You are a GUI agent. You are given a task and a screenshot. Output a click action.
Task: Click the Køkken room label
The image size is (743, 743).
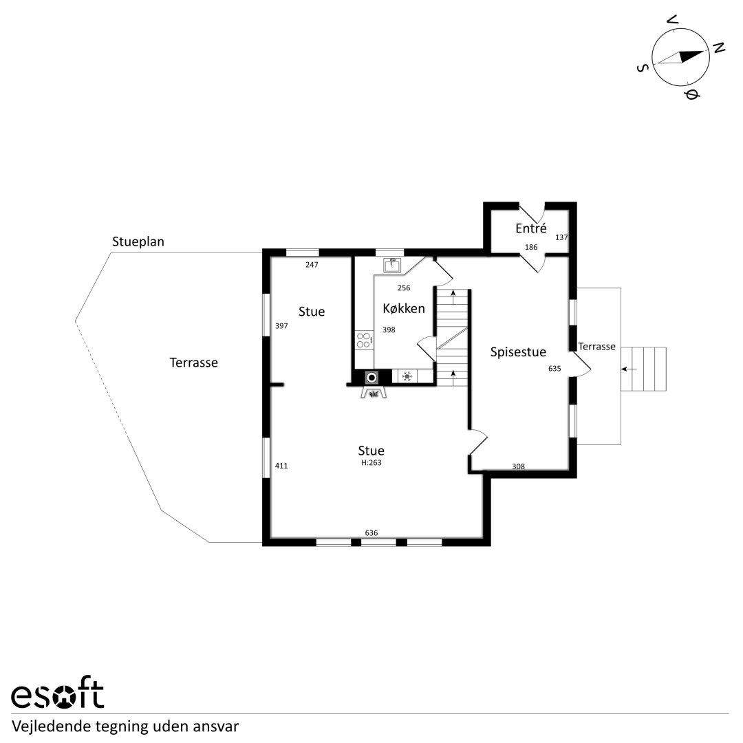[x=404, y=308]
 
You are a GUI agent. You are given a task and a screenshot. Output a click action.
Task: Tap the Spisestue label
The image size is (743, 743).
[x=518, y=352]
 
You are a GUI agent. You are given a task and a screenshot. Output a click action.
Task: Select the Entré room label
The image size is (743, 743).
[x=530, y=228]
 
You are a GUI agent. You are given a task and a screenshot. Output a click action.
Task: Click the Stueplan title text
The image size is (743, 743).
[x=138, y=241]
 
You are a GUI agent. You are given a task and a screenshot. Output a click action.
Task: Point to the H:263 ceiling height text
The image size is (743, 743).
[x=371, y=462]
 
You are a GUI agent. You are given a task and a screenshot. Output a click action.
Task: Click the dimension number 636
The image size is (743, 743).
[x=371, y=532]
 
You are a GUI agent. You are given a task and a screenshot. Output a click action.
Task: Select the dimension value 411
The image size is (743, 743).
[x=281, y=466]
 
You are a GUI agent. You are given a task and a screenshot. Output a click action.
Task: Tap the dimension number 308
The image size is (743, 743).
[x=519, y=466]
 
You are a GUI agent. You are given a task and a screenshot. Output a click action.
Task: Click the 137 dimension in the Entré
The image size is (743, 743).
[x=561, y=237]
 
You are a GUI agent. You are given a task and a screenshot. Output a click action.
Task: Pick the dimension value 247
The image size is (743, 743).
[x=312, y=265]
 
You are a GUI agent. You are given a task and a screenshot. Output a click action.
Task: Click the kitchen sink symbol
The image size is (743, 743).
[x=392, y=266]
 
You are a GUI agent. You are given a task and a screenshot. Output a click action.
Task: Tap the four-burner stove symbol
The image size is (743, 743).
[x=363, y=340]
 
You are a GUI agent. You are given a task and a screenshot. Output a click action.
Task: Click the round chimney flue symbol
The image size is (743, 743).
[x=372, y=377]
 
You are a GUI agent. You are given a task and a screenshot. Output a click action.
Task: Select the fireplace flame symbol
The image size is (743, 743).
[x=374, y=393]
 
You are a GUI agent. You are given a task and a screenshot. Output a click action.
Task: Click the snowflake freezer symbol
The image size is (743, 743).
[x=407, y=377]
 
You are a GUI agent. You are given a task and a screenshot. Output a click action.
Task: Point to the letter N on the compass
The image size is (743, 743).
[x=719, y=47]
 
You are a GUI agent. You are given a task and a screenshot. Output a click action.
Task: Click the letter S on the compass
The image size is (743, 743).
[x=642, y=68]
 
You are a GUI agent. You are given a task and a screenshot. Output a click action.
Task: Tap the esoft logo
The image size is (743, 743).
[x=57, y=695]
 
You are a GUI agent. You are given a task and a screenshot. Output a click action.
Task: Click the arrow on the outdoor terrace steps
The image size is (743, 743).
[x=629, y=369]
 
